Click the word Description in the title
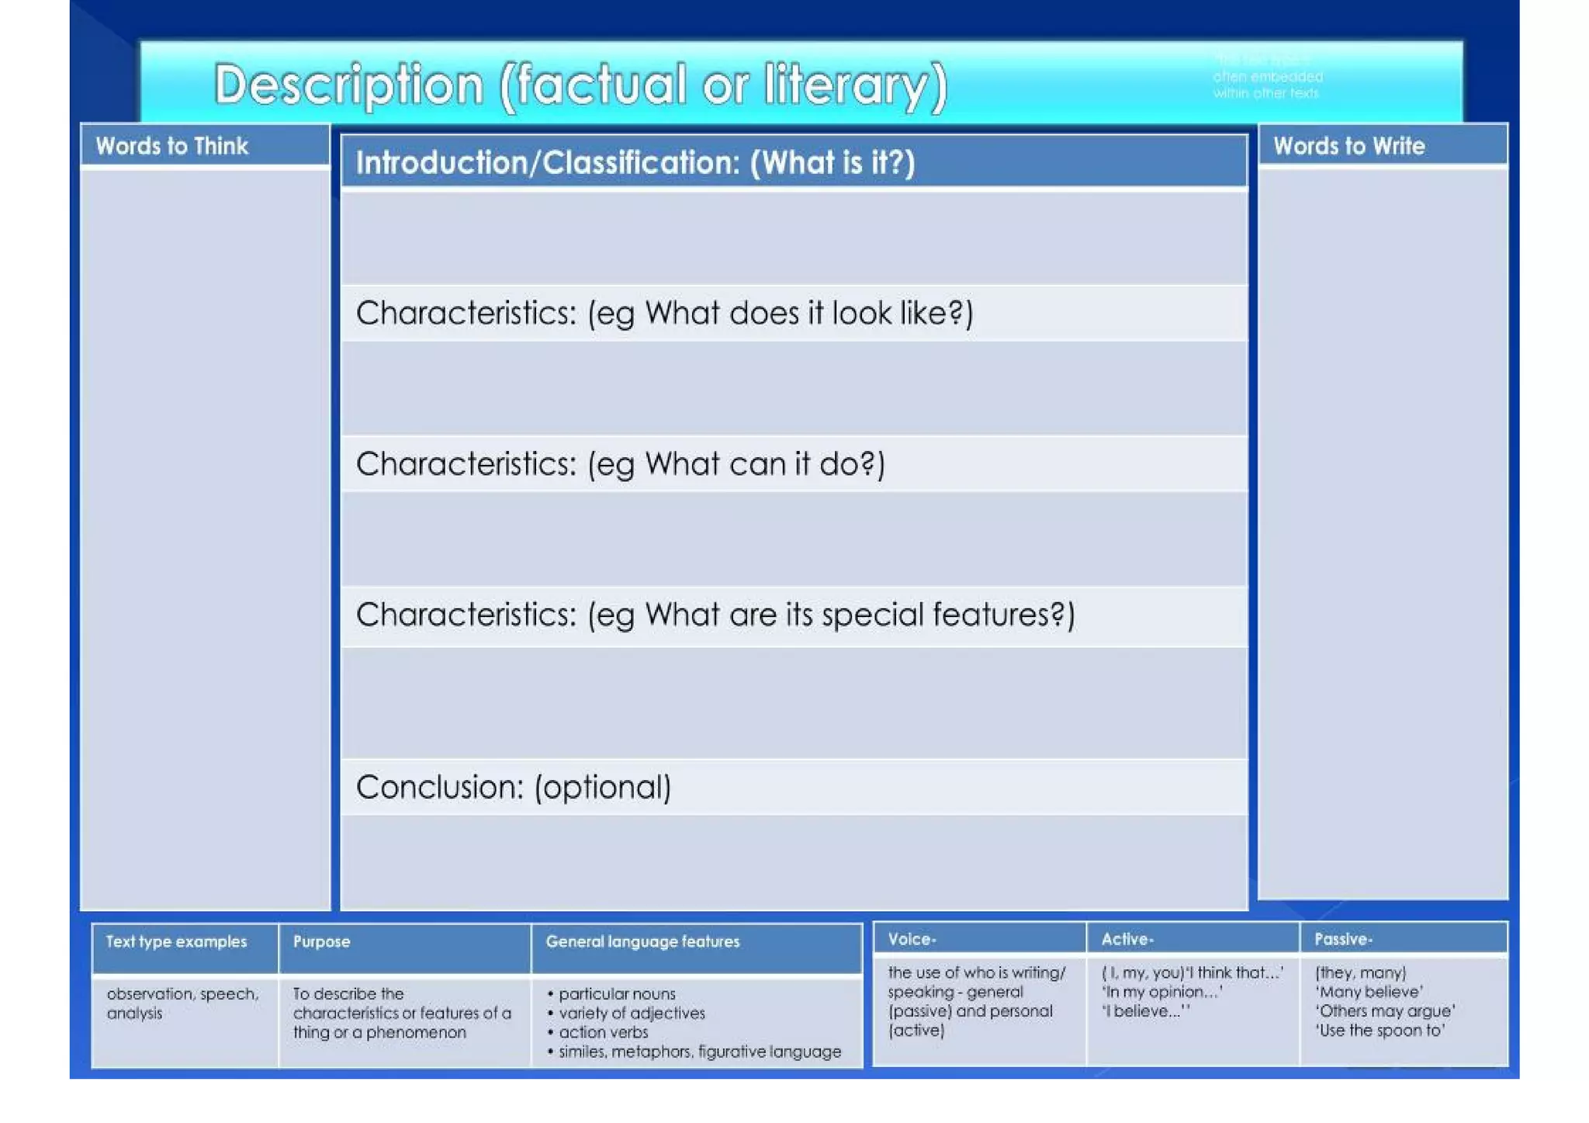(348, 85)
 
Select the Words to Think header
(171, 146)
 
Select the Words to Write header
(1348, 146)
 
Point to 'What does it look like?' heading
(664, 314)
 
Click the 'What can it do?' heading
(620, 464)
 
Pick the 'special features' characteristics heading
(715, 615)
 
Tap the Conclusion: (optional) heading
(513, 788)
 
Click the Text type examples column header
(176, 942)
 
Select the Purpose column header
(321, 942)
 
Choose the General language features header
(642, 942)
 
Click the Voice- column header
(912, 940)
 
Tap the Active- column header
(1127, 940)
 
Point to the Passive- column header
(1343, 940)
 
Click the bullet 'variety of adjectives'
(632, 1014)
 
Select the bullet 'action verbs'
(603, 1033)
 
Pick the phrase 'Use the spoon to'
(1380, 1031)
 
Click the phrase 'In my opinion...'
(1161, 993)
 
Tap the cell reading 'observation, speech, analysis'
(182, 1003)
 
